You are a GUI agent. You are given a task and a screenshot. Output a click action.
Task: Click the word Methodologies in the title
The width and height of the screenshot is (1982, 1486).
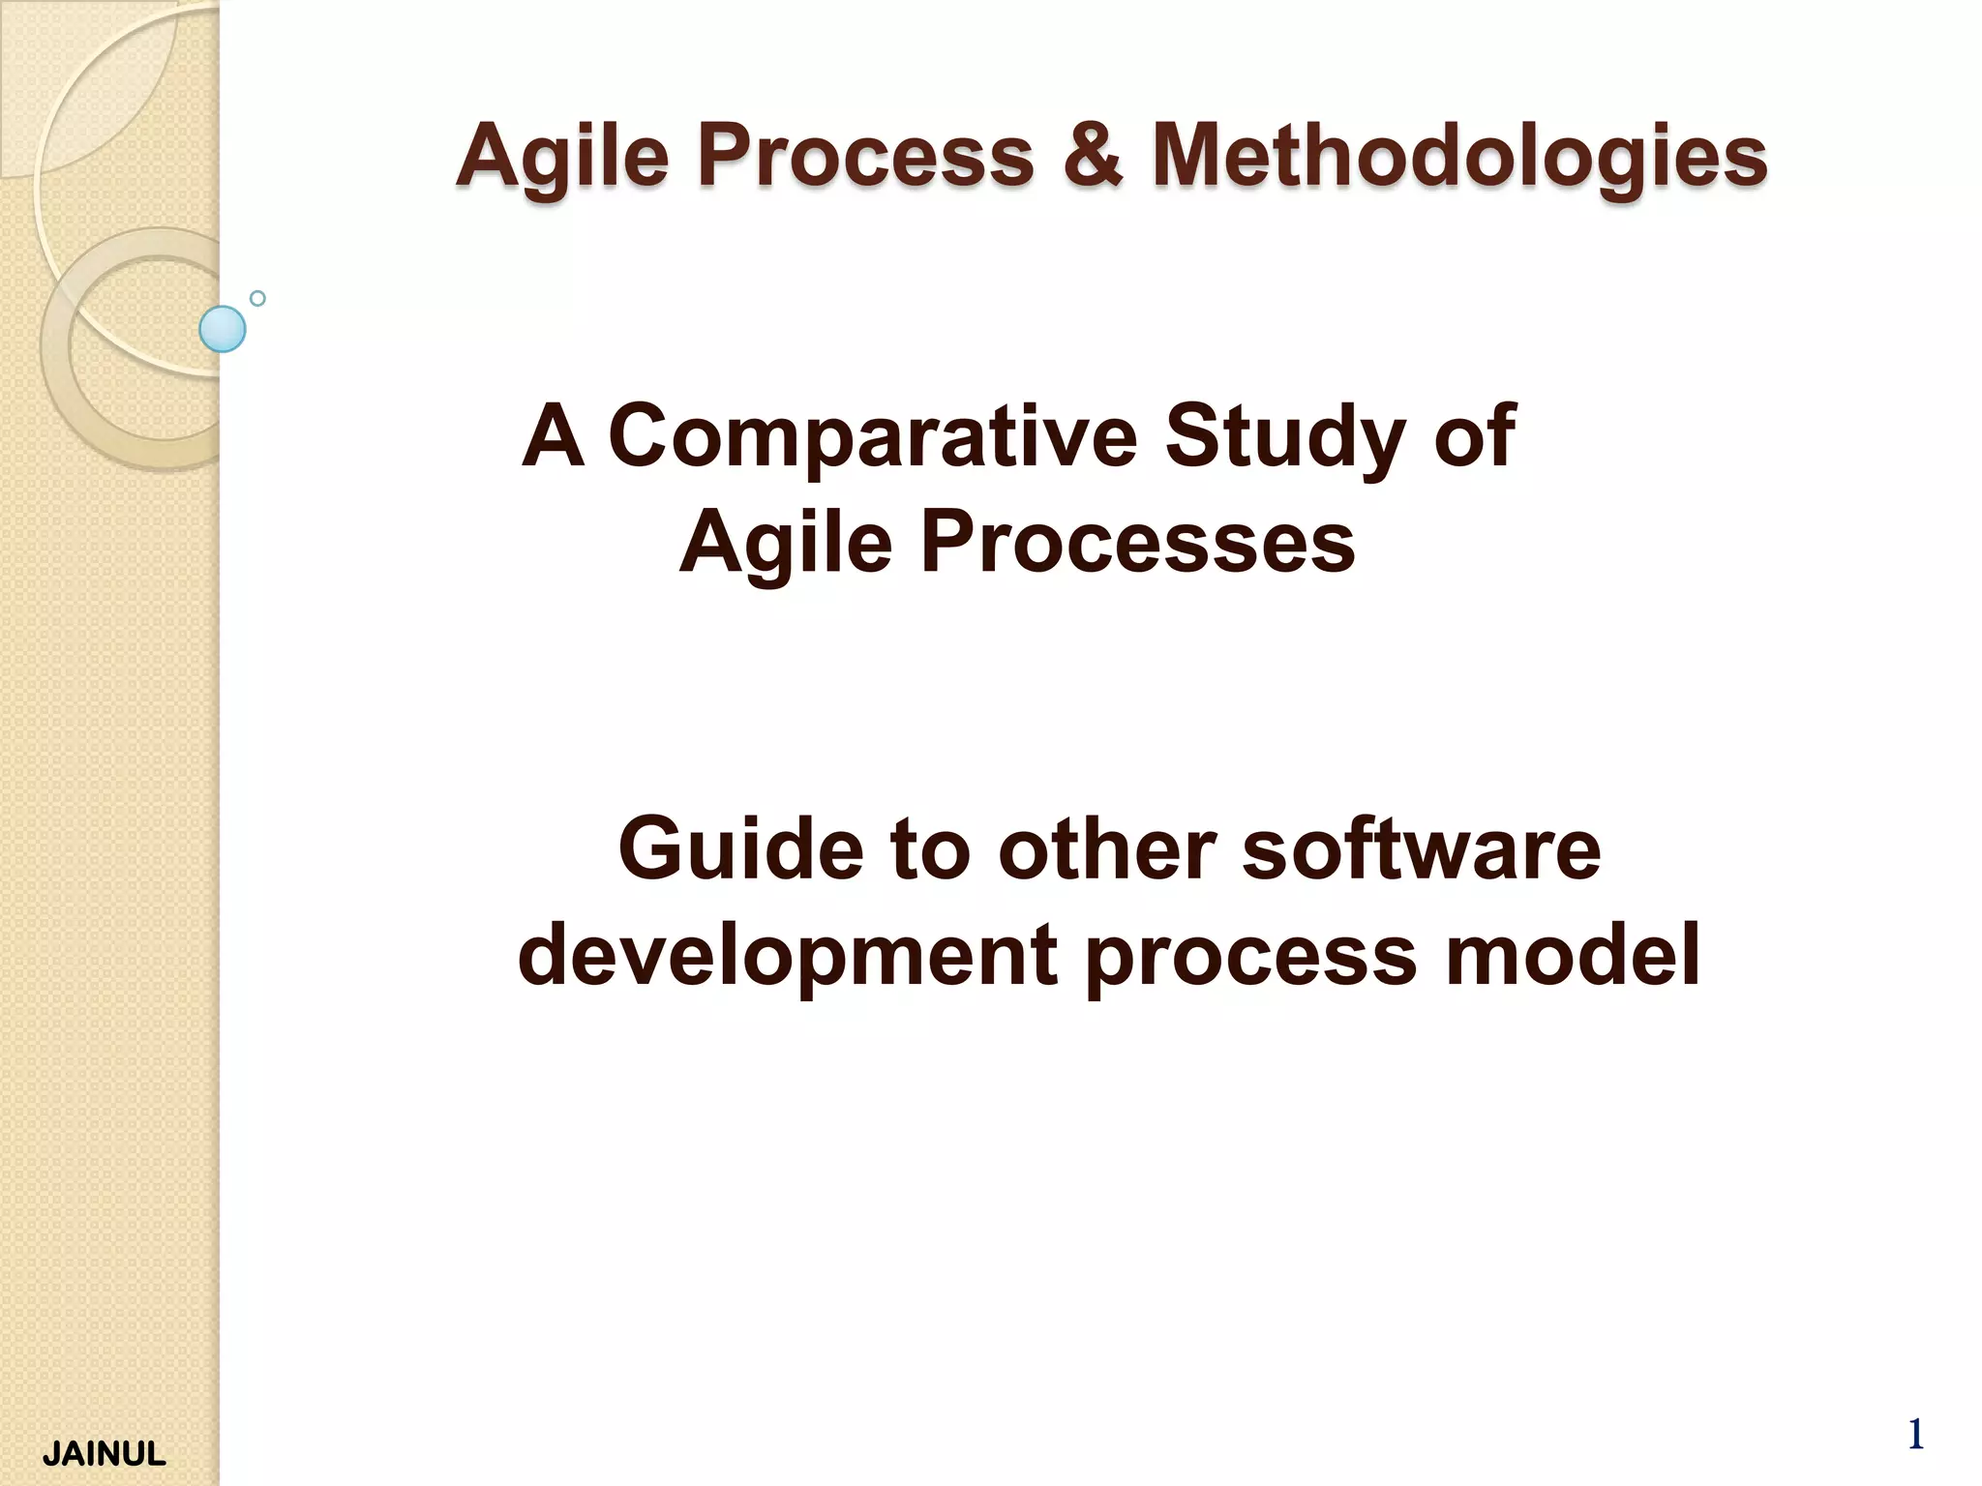[1459, 157]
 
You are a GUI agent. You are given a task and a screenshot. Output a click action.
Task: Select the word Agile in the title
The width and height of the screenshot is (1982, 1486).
[562, 157]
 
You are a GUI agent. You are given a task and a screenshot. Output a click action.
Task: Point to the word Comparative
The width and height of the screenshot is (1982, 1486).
[872, 437]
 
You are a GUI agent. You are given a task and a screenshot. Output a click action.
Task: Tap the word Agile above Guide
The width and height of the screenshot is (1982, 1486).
[785, 544]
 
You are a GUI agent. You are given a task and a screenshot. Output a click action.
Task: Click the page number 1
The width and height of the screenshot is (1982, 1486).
[1914, 1435]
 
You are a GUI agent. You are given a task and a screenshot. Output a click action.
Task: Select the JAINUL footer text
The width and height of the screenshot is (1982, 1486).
[105, 1454]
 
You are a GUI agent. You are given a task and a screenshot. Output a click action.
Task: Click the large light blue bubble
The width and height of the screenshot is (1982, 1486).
[223, 329]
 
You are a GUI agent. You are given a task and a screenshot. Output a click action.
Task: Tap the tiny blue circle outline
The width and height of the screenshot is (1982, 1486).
[257, 298]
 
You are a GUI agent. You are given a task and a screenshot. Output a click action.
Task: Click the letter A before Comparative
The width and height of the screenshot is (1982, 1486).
[554, 437]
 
